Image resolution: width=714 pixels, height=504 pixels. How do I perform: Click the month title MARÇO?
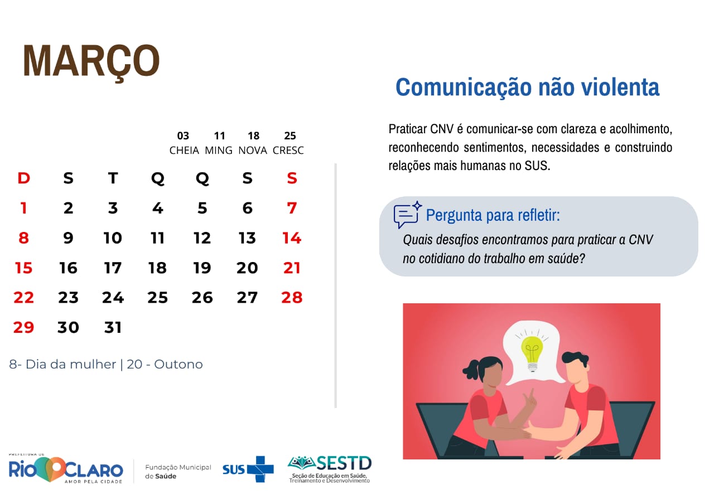(91, 61)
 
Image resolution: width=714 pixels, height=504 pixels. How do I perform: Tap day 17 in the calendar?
(113, 268)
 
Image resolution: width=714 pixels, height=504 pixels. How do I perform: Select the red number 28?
(292, 298)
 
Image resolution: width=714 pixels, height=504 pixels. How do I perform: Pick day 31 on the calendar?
(113, 327)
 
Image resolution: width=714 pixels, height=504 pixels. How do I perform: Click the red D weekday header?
(24, 178)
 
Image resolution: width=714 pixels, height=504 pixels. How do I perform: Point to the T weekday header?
(113, 178)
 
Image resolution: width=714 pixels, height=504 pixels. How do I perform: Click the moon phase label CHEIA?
(184, 151)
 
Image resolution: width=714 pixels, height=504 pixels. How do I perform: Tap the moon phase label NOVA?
(253, 151)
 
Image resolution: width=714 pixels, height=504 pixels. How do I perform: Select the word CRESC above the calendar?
(288, 151)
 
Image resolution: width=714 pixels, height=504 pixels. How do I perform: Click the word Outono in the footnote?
(178, 365)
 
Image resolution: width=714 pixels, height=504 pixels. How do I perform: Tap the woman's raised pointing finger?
(531, 394)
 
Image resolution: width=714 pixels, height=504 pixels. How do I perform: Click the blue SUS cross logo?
(260, 469)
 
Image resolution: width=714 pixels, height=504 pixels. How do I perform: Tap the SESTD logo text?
(344, 463)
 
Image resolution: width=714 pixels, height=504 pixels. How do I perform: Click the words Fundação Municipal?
(178, 467)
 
